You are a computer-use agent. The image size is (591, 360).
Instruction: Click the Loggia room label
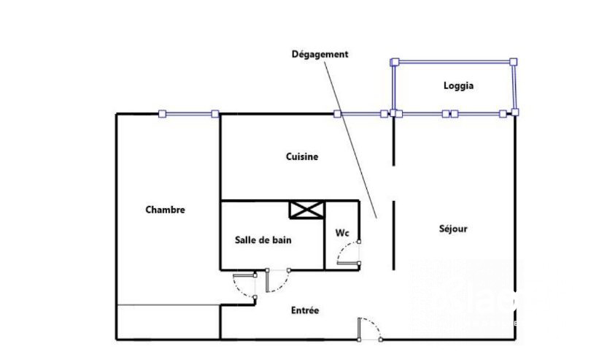point(458,85)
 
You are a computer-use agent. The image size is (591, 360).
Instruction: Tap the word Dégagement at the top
point(320,54)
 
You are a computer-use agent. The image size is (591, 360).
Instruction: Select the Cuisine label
point(302,156)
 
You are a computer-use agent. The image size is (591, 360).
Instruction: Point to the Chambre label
point(165,210)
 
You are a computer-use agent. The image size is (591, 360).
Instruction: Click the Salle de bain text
point(263,240)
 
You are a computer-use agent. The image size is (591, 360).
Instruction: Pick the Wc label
point(342,233)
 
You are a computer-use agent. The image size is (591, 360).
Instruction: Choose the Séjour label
point(453,229)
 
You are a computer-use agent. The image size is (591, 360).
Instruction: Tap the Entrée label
point(305,310)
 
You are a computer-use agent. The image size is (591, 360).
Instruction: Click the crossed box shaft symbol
point(306,210)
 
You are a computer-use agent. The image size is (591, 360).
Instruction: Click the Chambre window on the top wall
point(189,114)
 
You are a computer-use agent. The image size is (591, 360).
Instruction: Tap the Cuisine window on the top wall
point(360,114)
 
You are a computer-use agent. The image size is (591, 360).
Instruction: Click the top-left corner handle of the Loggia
point(395,62)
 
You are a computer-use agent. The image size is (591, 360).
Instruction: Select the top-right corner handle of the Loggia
point(513,61)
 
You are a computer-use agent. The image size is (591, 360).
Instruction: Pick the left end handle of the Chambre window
point(163,114)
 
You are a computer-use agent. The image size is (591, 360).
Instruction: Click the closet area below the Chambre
point(169,322)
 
